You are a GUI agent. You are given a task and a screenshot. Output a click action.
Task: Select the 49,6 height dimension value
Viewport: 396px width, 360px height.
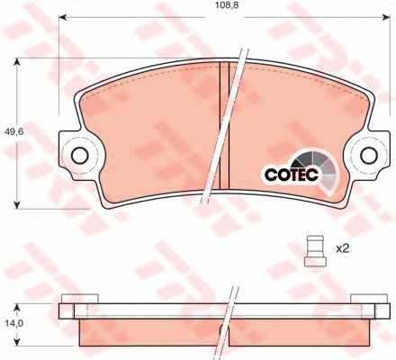pyautogui.click(x=14, y=131)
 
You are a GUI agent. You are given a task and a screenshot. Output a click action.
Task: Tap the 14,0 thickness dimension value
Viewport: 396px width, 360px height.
pyautogui.click(x=13, y=323)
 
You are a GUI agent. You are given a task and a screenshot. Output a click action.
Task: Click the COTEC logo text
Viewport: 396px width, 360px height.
pyautogui.click(x=292, y=175)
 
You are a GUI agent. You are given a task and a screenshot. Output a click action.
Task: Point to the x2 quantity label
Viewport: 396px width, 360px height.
pyautogui.click(x=343, y=248)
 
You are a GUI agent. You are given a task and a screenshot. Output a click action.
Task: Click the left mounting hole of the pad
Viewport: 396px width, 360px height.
pyautogui.click(x=80, y=156)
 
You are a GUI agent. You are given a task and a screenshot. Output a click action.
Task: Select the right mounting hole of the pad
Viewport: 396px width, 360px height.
pyautogui.click(x=369, y=155)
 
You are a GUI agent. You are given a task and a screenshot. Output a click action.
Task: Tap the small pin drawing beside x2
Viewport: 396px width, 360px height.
pyautogui.click(x=315, y=251)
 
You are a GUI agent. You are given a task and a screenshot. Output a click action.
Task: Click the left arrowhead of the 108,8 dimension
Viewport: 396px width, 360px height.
pyautogui.click(x=62, y=17)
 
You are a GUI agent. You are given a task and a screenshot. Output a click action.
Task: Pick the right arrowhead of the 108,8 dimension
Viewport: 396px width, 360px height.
pyautogui.click(x=386, y=17)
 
